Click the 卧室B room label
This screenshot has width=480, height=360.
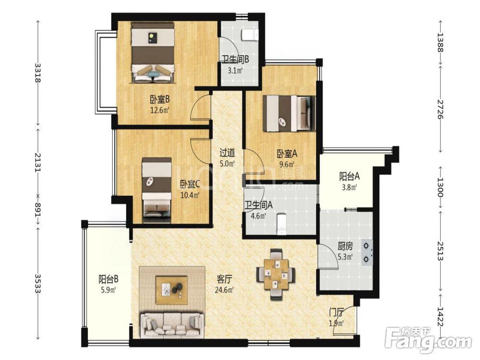click(159, 99)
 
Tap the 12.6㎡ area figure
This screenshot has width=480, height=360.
click(159, 109)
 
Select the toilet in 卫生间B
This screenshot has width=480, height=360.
click(250, 35)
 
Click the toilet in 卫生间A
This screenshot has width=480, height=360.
click(281, 224)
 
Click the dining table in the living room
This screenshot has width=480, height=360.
click(276, 274)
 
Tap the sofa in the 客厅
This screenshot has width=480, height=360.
click(172, 325)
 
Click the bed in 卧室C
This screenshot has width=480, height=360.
click(157, 190)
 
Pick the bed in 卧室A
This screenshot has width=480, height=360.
click(289, 114)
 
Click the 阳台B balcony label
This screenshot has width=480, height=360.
click(108, 279)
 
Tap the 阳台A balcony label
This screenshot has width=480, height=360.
click(349, 176)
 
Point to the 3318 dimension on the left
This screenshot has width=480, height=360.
click(38, 72)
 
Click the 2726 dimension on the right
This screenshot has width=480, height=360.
click(441, 109)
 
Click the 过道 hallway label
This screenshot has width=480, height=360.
click(227, 152)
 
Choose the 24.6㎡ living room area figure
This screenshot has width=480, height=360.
click(224, 289)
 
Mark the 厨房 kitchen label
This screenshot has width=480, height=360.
click(345, 246)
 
